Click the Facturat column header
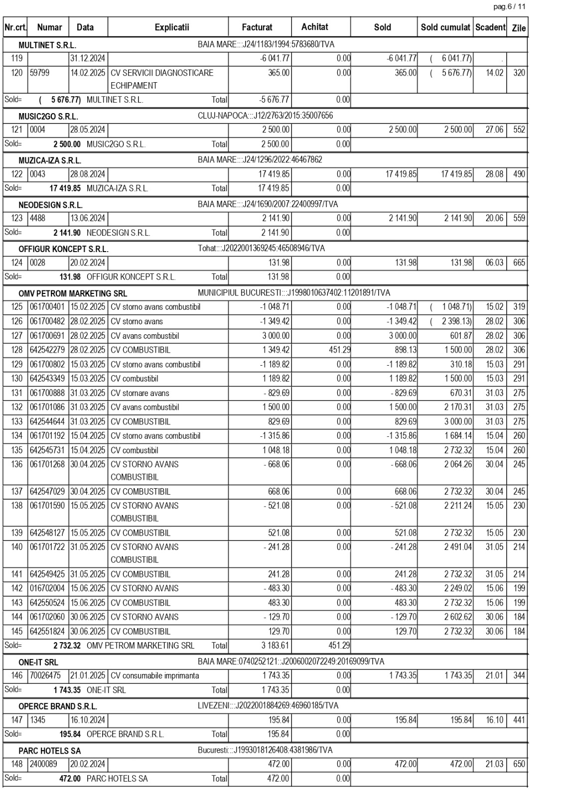(257, 27)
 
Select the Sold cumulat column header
(445, 27)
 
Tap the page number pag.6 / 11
(509, 6)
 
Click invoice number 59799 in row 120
(39, 73)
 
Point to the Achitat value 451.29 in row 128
(339, 350)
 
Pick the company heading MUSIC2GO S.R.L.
(48, 117)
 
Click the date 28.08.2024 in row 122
(88, 174)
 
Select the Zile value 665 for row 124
(519, 263)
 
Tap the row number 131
(17, 393)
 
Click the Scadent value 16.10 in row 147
(494, 720)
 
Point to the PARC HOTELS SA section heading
(49, 751)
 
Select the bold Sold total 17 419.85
(65, 188)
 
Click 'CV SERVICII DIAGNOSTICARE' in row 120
(161, 73)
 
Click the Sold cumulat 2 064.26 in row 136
(458, 464)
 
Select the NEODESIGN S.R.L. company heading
(50, 205)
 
